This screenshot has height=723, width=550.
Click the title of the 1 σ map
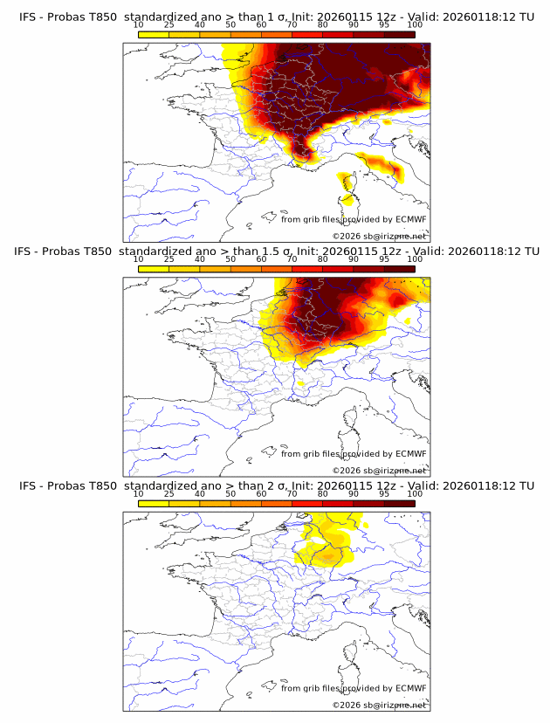(x=276, y=17)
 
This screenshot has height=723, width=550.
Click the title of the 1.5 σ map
(x=276, y=251)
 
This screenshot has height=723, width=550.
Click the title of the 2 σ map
(x=276, y=486)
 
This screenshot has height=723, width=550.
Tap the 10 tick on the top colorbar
(x=139, y=25)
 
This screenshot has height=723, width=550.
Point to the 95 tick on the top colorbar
(x=384, y=25)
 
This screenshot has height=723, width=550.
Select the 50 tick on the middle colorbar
(x=230, y=259)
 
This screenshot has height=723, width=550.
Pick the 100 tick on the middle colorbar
(x=414, y=259)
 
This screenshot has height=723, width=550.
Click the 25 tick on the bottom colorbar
(x=169, y=494)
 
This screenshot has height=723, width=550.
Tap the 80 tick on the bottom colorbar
(x=323, y=494)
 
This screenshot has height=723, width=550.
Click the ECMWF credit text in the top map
(x=353, y=219)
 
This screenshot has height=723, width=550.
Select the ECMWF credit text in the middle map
(x=353, y=454)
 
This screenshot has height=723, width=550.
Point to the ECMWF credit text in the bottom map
(x=353, y=689)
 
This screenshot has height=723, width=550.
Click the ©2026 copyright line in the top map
(x=380, y=237)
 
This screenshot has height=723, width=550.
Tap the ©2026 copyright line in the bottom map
(x=380, y=706)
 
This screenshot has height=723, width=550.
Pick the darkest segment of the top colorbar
(x=399, y=34)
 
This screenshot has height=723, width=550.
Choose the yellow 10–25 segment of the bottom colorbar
(x=154, y=503)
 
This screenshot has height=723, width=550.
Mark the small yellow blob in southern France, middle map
(x=301, y=382)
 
